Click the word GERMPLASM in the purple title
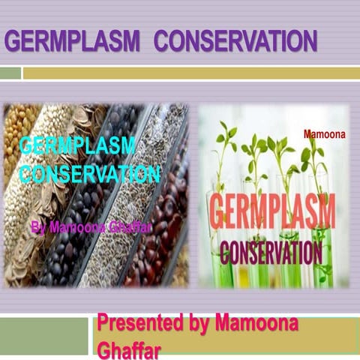(x=72, y=40)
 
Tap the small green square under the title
(x=10, y=73)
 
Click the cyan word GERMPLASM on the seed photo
(x=78, y=145)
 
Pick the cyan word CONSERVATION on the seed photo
(x=90, y=175)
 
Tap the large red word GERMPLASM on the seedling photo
(x=271, y=212)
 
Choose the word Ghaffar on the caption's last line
(x=127, y=349)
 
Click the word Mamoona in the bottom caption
(x=256, y=324)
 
